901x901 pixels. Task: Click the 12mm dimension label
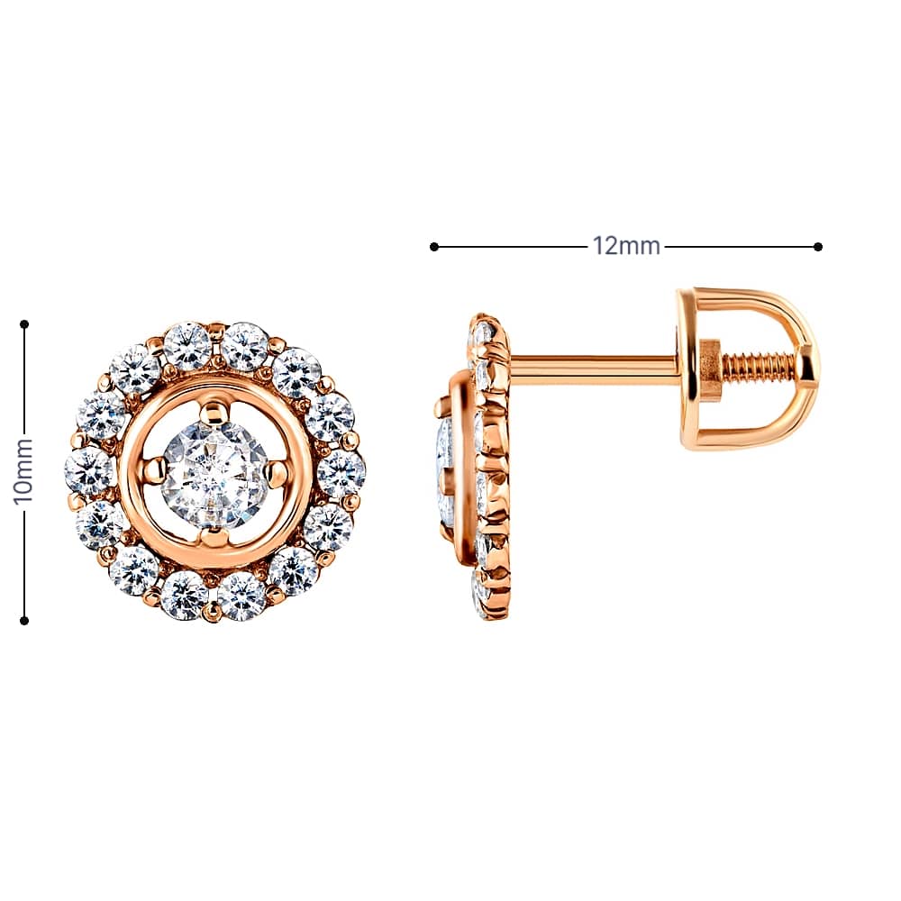pos(626,247)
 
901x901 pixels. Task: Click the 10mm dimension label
pos(23,470)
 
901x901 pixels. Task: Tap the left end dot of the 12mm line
pos(434,247)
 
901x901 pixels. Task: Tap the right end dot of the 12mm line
pos(818,247)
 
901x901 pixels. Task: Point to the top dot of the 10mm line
pos(24,324)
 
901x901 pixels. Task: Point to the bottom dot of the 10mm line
pos(24,621)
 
